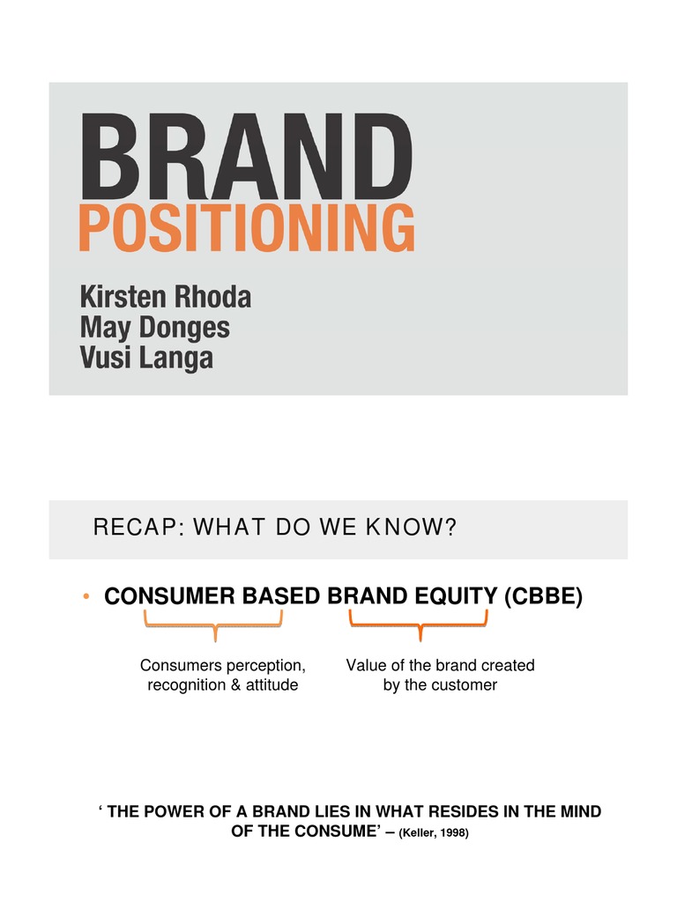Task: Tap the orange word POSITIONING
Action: pos(246,227)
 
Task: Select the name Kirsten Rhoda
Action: pos(166,297)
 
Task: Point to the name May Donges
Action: pos(154,329)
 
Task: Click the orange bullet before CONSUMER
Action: pos(86,598)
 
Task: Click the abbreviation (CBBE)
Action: pos(543,597)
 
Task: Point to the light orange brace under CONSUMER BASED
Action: pos(213,628)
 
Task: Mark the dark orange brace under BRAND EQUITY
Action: pos(419,628)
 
